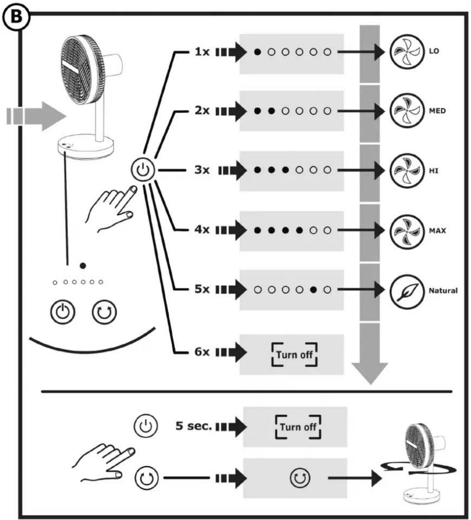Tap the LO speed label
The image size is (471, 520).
click(x=434, y=51)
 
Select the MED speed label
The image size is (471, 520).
click(x=437, y=111)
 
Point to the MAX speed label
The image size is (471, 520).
click(x=437, y=230)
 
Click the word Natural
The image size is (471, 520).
click(x=443, y=291)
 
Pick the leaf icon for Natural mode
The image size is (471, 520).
click(x=407, y=292)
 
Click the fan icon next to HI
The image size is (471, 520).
click(x=407, y=171)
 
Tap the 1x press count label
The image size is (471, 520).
click(x=202, y=52)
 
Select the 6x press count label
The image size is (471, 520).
click(x=202, y=352)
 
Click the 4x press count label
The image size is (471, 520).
click(x=202, y=229)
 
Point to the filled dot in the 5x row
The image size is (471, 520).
click(x=313, y=290)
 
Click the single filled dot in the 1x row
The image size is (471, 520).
click(x=257, y=52)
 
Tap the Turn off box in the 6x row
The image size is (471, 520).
click(x=294, y=354)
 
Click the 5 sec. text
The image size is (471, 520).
click(x=194, y=426)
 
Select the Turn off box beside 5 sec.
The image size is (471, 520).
click(x=298, y=427)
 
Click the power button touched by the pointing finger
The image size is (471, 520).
click(x=143, y=170)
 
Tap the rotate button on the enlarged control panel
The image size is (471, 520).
click(x=104, y=312)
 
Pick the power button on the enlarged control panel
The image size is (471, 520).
click(x=63, y=312)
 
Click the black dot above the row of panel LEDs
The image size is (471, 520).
click(x=83, y=266)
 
